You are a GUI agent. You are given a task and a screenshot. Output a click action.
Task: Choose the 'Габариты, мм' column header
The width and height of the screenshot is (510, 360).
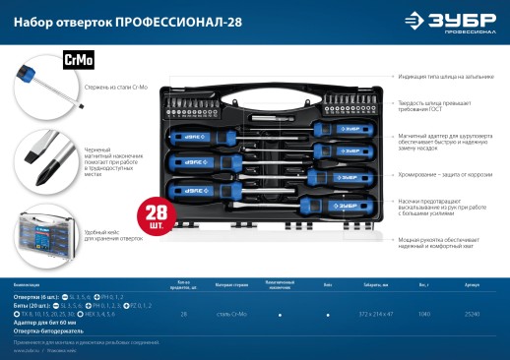coord(375,282)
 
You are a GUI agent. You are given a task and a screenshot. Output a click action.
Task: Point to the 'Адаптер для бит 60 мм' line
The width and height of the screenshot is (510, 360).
coord(44,321)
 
